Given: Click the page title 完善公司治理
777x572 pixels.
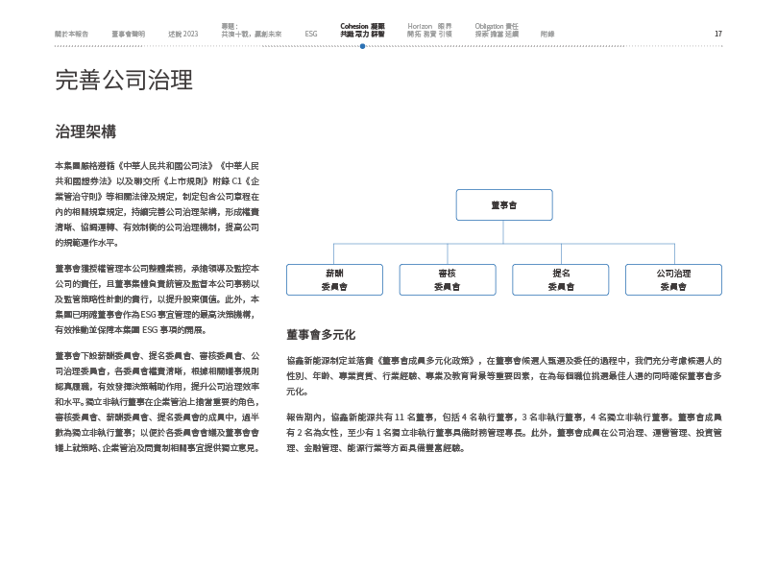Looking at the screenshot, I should click(124, 82).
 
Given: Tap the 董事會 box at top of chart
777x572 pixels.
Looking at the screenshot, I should click(504, 205).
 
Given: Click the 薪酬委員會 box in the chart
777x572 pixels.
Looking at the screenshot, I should click(334, 279).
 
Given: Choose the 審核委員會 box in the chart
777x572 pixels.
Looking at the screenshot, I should click(447, 279).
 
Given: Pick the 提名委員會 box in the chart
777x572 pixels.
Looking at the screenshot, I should click(561, 279).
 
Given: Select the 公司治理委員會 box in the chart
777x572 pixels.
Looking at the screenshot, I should click(673, 279).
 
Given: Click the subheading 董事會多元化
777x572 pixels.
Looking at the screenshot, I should click(321, 335).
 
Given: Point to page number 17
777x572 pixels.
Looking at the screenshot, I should click(717, 34).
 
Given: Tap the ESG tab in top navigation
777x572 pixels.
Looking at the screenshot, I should click(311, 34).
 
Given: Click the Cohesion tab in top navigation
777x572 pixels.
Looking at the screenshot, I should click(362, 30).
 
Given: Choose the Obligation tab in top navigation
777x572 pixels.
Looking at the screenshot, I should click(497, 30).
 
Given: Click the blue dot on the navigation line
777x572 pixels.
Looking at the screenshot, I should click(362, 45).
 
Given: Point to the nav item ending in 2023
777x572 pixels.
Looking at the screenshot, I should click(182, 34).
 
